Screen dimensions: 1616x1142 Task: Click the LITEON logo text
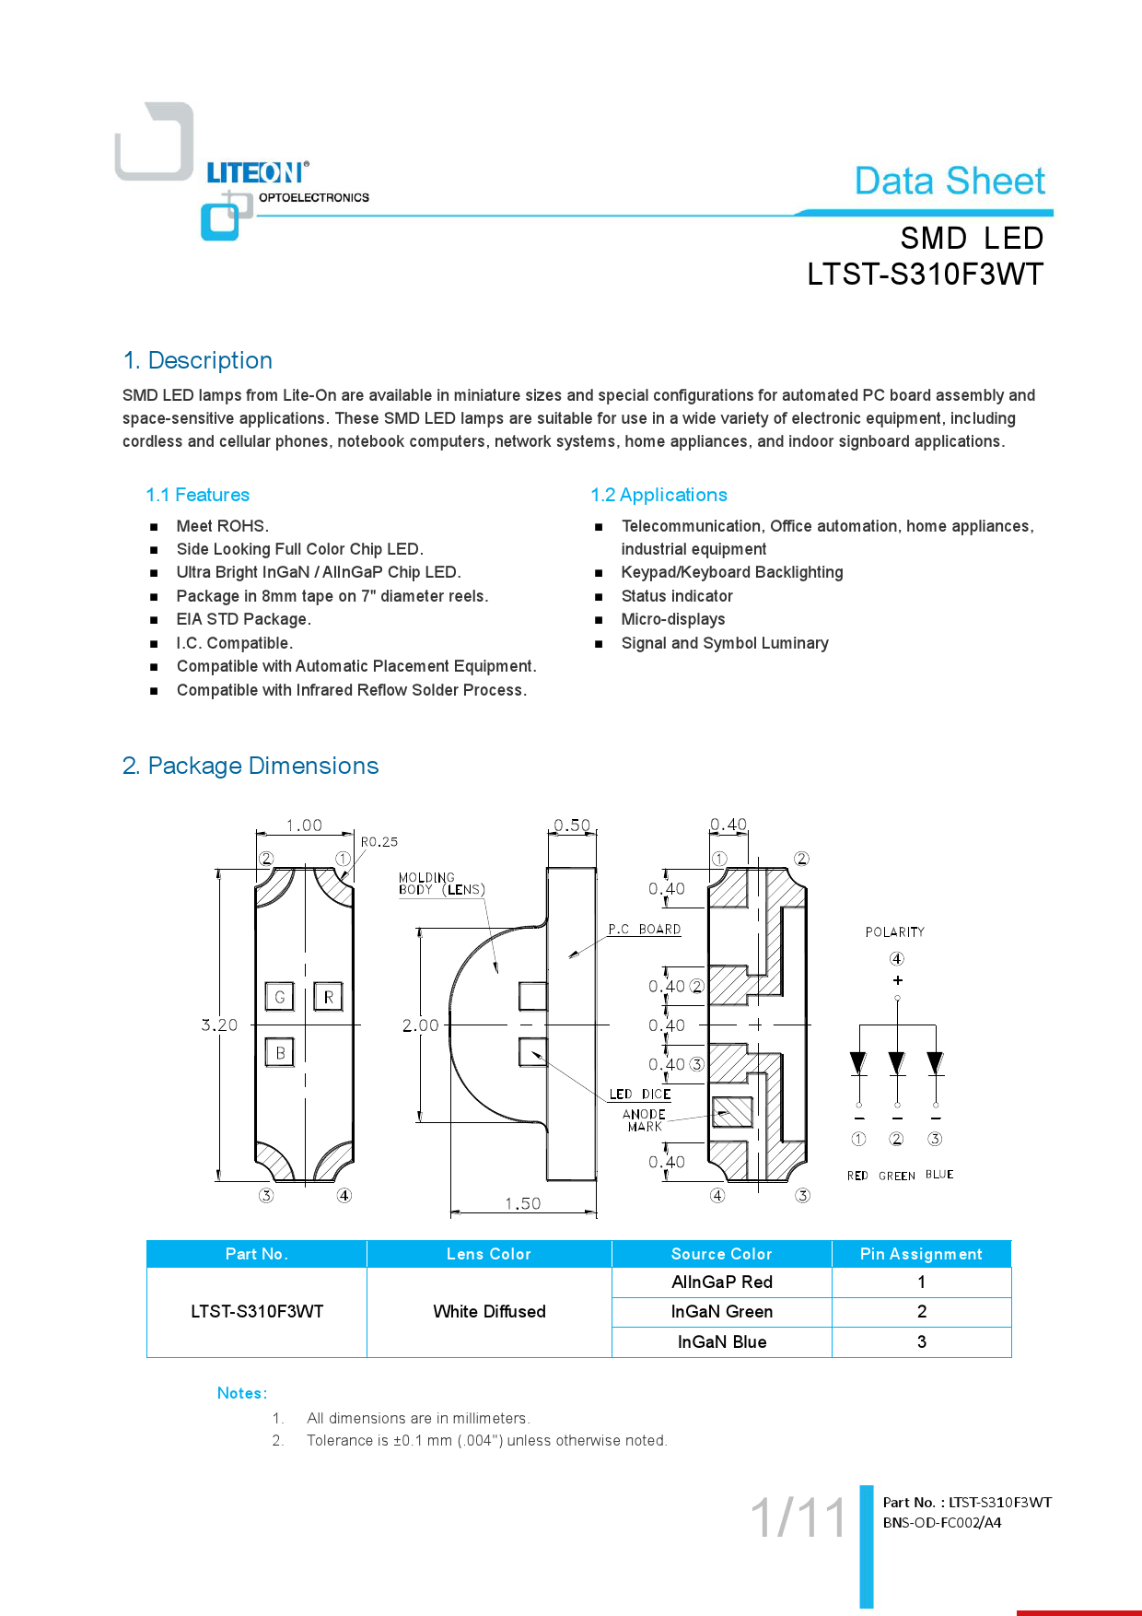[x=256, y=173]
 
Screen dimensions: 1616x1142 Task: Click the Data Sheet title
[x=950, y=181]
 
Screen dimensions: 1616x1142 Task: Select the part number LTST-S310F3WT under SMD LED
[x=925, y=275]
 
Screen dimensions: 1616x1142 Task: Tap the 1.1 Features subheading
[x=197, y=495]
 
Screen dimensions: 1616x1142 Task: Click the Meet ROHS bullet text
[x=222, y=526]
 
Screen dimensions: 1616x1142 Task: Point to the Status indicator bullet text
[x=677, y=596]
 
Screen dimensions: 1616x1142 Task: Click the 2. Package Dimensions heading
[x=251, y=766]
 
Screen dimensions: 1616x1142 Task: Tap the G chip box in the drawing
[x=280, y=997]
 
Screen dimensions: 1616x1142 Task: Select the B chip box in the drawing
[x=280, y=1052]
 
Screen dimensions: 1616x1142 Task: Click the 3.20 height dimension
[x=219, y=1025]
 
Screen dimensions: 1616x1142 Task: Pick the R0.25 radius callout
[x=379, y=841]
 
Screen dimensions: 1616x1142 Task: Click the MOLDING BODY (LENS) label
[x=441, y=884]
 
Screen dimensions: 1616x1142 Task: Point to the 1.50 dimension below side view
[x=522, y=1203]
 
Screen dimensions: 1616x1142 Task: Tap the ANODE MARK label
[x=644, y=1120]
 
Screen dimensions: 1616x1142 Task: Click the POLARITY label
[x=894, y=932]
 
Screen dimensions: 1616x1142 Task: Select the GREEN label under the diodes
[x=896, y=1176]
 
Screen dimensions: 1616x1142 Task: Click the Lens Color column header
[x=488, y=1254]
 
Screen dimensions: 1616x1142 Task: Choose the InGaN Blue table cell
[x=721, y=1342]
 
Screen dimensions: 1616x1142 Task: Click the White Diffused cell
[x=489, y=1311]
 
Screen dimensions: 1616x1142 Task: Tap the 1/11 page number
[x=798, y=1517]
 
